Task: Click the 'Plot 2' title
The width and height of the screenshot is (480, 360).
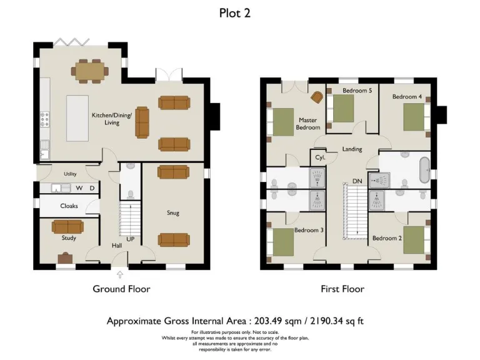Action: (235, 13)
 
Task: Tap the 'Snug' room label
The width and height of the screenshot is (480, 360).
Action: (173, 213)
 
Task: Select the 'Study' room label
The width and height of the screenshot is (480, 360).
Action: (69, 238)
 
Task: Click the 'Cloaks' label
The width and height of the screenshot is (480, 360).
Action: (69, 206)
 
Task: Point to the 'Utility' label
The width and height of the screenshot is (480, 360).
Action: (70, 174)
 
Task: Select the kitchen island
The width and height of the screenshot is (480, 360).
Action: (77, 118)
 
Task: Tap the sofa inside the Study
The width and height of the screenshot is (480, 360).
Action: (67, 226)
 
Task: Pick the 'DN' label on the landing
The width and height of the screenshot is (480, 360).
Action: (357, 181)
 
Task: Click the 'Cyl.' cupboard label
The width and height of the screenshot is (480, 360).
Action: (320, 157)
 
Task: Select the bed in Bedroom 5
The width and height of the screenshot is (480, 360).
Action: (342, 111)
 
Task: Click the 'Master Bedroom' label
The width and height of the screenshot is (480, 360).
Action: (307, 124)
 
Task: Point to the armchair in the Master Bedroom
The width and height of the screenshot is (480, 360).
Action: (317, 97)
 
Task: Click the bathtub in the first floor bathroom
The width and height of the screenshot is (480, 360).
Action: (424, 170)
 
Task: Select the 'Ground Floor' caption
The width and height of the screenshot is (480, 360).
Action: (121, 289)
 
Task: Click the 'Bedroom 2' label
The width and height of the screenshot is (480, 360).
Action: (386, 238)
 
